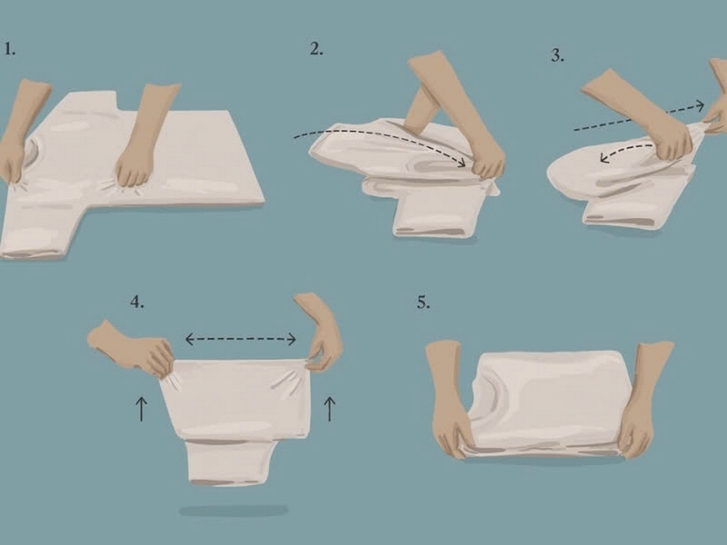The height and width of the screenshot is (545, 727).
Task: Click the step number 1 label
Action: (10, 49)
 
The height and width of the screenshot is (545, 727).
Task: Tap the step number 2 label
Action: (316, 49)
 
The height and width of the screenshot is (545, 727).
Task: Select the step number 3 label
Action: (557, 55)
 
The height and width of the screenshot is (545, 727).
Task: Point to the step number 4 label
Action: (136, 302)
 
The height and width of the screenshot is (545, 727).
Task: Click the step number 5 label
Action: (423, 302)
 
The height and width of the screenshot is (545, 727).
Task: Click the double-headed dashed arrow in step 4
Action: (241, 340)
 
